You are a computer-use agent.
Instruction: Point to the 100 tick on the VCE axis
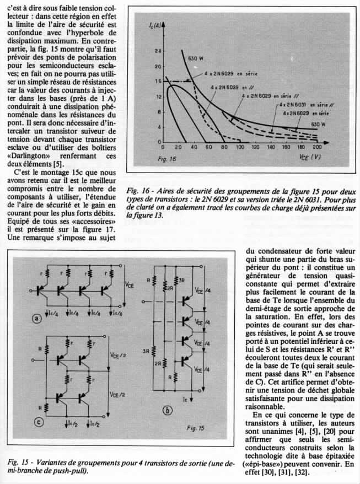point(241,148)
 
